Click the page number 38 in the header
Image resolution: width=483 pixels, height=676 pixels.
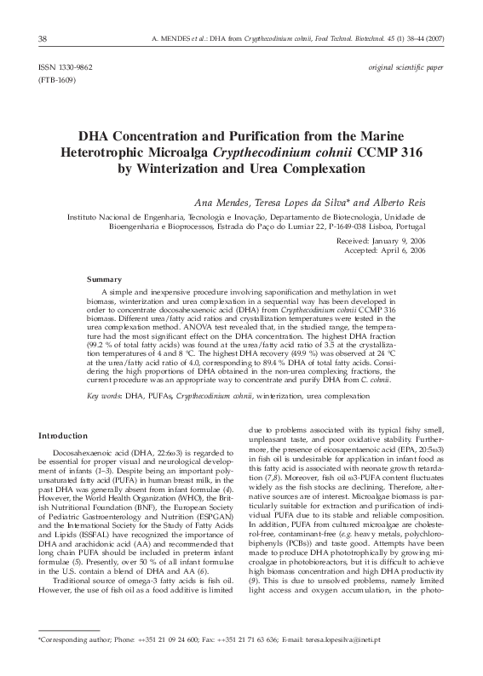pyautogui.click(x=43, y=39)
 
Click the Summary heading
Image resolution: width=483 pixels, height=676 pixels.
pyautogui.click(x=105, y=279)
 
